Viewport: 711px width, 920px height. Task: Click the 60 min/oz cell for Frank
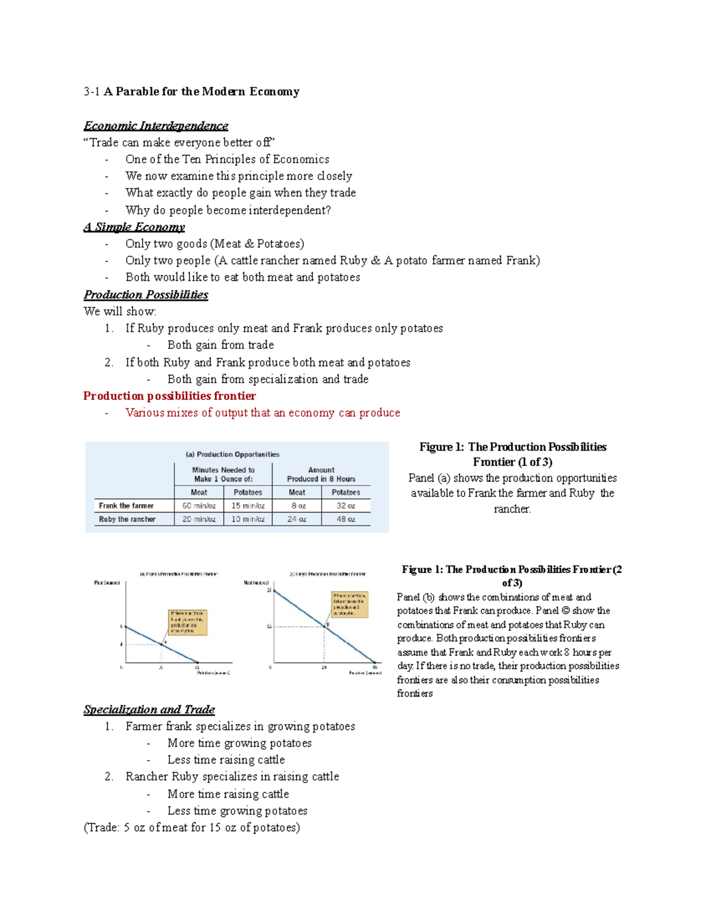pos(199,506)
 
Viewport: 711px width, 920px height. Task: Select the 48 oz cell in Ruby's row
pos(346,519)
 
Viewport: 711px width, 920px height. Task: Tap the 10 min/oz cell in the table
pos(248,519)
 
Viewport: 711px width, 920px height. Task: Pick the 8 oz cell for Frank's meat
pos(297,506)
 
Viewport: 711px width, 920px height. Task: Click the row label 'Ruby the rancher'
pos(127,519)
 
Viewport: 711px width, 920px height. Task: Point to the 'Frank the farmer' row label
pos(126,506)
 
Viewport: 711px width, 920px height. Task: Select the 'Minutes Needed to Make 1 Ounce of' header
pos(223,475)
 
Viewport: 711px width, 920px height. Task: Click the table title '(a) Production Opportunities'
pos(232,454)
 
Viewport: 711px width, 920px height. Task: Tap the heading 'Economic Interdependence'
pos(156,126)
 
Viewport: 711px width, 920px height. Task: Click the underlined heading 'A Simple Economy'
pos(134,227)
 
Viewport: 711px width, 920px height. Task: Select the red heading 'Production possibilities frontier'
pos(169,396)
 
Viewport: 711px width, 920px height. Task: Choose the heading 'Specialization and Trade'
pos(149,709)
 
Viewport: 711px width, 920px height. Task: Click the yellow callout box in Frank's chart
pos(188,623)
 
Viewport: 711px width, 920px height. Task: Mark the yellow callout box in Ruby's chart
pos(350,604)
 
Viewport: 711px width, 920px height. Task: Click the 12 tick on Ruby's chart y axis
pos(269,626)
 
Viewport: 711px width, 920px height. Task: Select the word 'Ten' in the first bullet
pos(192,159)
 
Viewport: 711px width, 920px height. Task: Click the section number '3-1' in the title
pos(92,92)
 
